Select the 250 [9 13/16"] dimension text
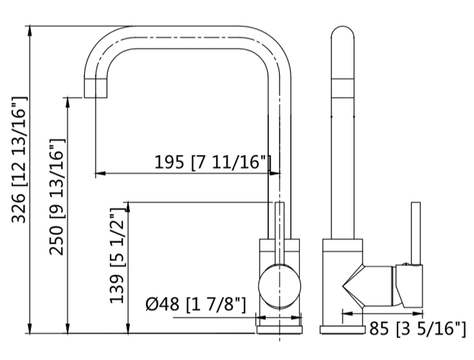pyautogui.click(x=57, y=197)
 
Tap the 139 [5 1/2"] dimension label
pyautogui.click(x=117, y=256)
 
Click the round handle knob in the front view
pyautogui.click(x=280, y=286)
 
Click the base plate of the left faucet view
pyautogui.click(x=280, y=329)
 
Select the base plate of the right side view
pyautogui.click(x=343, y=330)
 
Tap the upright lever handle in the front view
pyautogui.click(x=280, y=230)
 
